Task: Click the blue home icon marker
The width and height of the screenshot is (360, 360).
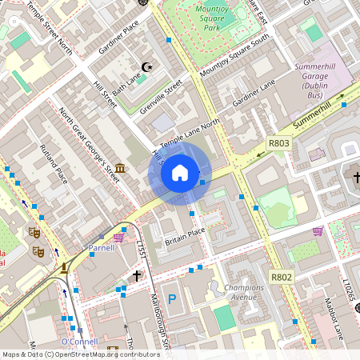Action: pos(180,172)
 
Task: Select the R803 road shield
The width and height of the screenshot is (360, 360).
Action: pos(278,144)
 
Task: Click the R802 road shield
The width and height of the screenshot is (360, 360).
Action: pos(281,277)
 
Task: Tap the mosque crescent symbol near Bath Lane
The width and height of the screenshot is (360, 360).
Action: pos(146,68)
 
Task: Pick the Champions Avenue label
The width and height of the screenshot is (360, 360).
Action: pos(243,292)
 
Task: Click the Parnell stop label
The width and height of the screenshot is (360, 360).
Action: pos(102,248)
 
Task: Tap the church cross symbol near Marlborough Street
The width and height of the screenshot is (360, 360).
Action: pos(137,275)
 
